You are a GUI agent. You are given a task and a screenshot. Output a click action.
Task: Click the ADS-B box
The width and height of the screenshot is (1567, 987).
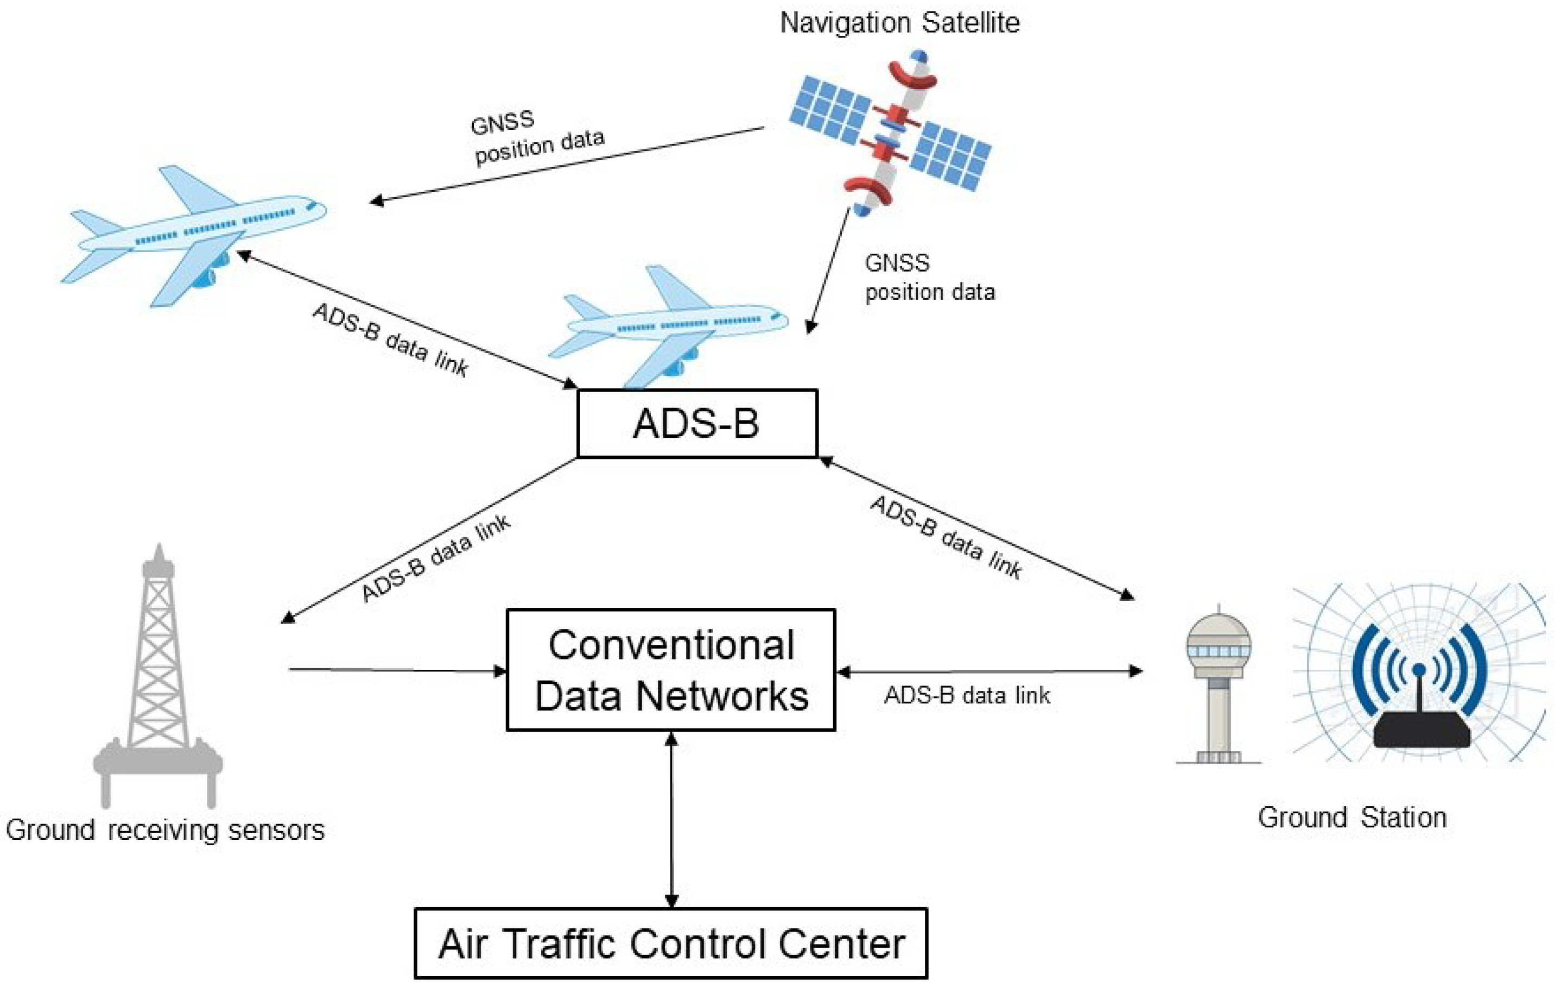click(696, 424)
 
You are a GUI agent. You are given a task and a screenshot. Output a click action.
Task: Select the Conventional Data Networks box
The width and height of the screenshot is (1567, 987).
click(670, 670)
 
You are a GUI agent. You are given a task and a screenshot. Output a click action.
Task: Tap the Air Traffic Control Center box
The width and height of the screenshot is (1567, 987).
click(670, 944)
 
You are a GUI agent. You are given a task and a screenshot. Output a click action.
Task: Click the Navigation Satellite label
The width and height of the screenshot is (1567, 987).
click(899, 23)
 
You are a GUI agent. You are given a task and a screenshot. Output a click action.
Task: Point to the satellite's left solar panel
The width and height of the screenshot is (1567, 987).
click(830, 109)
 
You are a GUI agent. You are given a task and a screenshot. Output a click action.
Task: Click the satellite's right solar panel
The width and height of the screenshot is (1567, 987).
click(950, 156)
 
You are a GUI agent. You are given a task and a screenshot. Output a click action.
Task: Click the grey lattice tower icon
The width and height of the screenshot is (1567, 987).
click(158, 677)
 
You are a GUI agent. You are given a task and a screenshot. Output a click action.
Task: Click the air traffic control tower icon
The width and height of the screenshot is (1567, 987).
click(1218, 683)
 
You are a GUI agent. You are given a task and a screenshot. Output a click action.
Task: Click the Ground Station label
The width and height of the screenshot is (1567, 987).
click(1352, 818)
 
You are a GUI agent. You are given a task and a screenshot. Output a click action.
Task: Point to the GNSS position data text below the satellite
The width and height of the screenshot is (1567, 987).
click(929, 278)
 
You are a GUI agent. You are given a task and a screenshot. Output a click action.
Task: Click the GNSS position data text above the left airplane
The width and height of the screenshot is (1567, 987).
click(537, 138)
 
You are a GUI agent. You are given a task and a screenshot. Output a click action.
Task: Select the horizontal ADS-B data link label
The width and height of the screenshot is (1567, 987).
click(967, 695)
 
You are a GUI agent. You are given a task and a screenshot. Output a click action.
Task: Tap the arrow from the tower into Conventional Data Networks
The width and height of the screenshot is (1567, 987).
click(397, 670)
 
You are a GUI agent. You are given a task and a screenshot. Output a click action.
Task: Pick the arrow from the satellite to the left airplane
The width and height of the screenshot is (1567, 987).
click(566, 165)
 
